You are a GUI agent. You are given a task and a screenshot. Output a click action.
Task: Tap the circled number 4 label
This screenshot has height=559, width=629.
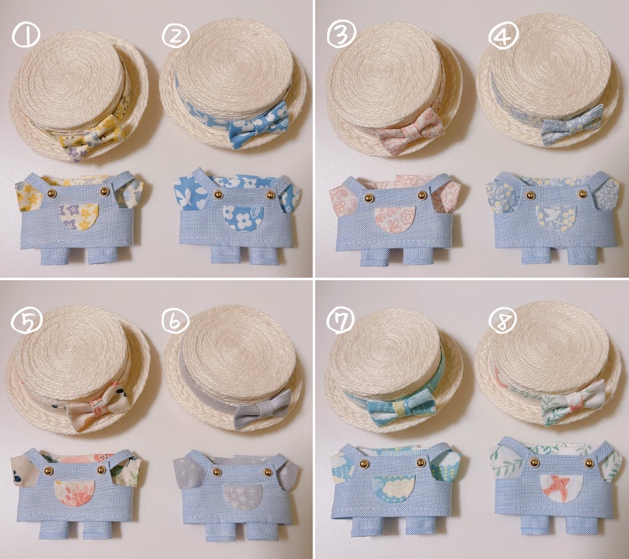501,34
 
